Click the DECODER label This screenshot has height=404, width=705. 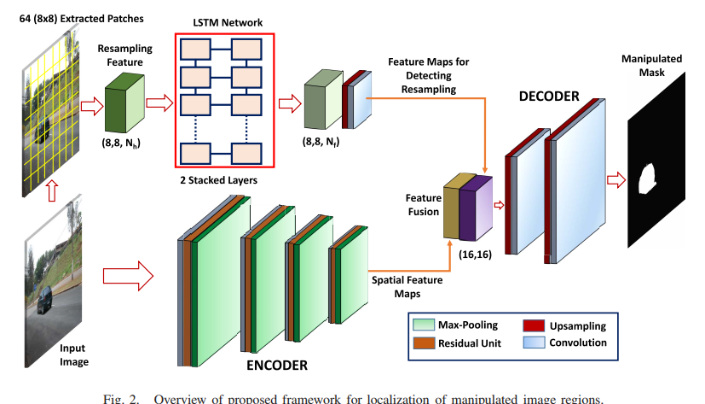point(548,97)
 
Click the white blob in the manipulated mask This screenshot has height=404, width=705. point(647,177)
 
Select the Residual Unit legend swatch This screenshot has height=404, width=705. point(423,343)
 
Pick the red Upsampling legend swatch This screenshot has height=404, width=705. point(533,326)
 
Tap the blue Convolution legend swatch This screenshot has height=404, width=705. point(533,343)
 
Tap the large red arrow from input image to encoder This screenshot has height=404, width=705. point(126,276)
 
